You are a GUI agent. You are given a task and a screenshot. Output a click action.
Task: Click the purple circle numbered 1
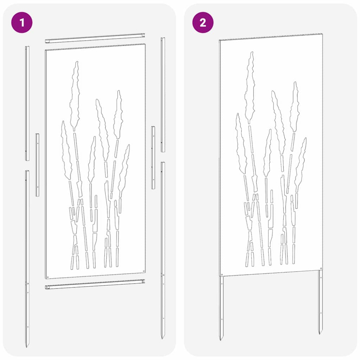pyautogui.click(x=22, y=22)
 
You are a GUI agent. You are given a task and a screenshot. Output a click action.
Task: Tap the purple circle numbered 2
pyautogui.click(x=203, y=22)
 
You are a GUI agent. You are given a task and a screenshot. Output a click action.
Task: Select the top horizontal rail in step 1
pyautogui.click(x=95, y=38)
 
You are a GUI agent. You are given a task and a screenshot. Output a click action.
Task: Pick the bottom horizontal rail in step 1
pyautogui.click(x=95, y=284)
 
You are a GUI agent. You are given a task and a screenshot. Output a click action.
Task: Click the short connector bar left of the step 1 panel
pyautogui.click(x=37, y=165)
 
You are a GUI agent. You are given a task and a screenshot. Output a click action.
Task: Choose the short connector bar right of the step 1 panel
pyautogui.click(x=153, y=158)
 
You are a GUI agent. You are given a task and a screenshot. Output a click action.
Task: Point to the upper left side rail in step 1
pyautogui.click(x=27, y=103)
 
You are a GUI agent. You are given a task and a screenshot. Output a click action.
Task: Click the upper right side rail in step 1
pyautogui.click(x=163, y=95)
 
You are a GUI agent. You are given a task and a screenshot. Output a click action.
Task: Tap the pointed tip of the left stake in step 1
pyautogui.click(x=26, y=347)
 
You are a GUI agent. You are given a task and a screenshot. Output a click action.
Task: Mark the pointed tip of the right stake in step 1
pyautogui.click(x=162, y=338)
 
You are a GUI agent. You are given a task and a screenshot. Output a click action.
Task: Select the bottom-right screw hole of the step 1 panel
pyautogui.click(x=144, y=271)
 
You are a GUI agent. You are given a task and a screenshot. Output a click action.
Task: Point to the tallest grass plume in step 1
pyautogui.click(x=75, y=96)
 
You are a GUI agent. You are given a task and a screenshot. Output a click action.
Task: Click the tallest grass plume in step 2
pyautogui.click(x=250, y=87)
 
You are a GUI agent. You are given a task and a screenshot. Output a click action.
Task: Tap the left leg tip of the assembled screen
pyautogui.click(x=220, y=339)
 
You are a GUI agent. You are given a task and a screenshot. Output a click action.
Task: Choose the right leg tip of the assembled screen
pyautogui.click(x=320, y=333)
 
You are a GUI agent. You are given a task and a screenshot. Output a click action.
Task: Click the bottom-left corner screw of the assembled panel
pyautogui.click(x=222, y=274)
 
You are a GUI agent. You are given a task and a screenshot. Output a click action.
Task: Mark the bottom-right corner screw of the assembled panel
pyautogui.click(x=321, y=268)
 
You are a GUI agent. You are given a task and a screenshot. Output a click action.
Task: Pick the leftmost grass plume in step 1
pyautogui.click(x=66, y=150)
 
